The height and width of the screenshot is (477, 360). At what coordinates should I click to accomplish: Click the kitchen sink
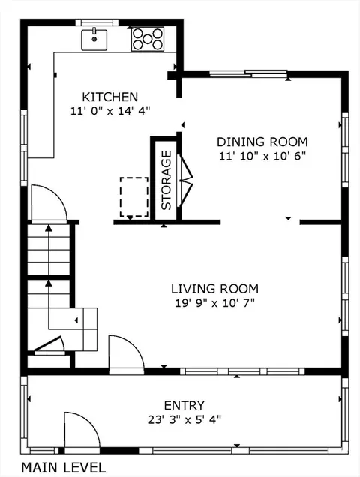coord(94,39)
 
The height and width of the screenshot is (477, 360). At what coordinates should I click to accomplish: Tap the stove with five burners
coord(148,39)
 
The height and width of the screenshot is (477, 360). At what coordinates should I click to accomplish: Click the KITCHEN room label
coord(110,97)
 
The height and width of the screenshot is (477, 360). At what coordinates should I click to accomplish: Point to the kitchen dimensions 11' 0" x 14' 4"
coord(110,111)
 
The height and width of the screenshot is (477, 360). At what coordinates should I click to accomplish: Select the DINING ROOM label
coord(262,142)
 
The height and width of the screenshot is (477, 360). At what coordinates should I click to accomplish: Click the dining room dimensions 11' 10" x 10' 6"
coord(262,156)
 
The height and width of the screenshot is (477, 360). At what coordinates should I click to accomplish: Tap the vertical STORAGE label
coord(166,180)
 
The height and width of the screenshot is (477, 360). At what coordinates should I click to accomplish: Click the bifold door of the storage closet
coord(185,181)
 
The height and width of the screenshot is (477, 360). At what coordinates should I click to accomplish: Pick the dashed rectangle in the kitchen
coord(134,197)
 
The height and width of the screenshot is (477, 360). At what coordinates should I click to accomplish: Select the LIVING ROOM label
coord(214,289)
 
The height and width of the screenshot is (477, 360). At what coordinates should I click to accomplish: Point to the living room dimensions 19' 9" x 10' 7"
coord(214,303)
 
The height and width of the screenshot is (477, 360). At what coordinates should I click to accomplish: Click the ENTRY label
coord(184,406)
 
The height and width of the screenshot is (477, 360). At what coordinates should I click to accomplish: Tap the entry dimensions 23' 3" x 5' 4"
coord(184,420)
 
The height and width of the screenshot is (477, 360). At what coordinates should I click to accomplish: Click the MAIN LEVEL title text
coord(63,467)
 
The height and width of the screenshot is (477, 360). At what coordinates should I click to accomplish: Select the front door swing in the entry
coord(82,431)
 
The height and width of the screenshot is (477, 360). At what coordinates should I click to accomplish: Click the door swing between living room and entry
coord(126,354)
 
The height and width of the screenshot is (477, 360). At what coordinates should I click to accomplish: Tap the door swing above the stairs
coord(49,203)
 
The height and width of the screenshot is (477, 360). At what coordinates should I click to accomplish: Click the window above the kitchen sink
coord(97,22)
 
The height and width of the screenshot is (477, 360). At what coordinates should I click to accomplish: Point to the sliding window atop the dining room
coord(248,73)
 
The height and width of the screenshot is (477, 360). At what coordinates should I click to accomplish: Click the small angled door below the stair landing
coord(49,345)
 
